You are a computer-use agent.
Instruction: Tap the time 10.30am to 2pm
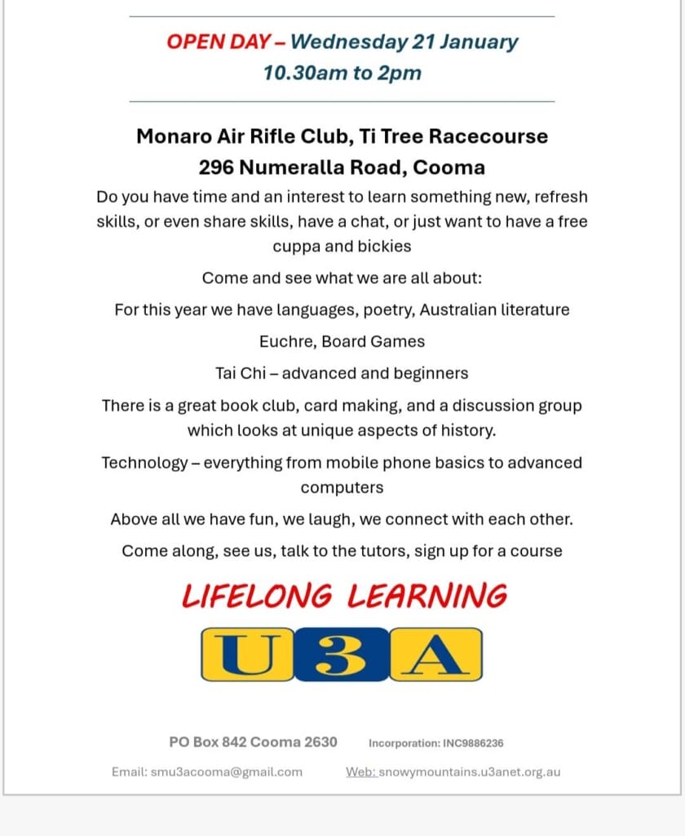(342, 73)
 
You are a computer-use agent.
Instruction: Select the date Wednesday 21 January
(404, 42)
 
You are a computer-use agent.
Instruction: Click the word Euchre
(285, 341)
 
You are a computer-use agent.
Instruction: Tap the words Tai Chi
(237, 373)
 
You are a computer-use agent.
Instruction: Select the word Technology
(144, 463)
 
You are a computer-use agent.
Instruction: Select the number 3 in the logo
(341, 654)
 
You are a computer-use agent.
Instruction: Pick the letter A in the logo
(435, 654)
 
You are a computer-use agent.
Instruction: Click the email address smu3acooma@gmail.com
(226, 772)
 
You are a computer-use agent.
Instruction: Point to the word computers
(342, 487)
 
